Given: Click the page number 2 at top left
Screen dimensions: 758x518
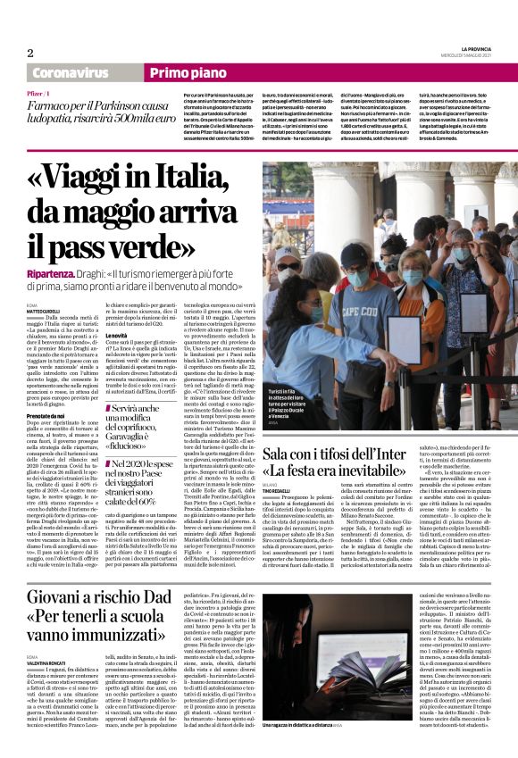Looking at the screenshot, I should pos(30,52).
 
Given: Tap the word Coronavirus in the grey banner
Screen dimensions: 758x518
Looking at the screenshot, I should pos(69,73).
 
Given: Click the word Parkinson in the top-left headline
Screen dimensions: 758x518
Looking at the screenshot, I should pos(120,105).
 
